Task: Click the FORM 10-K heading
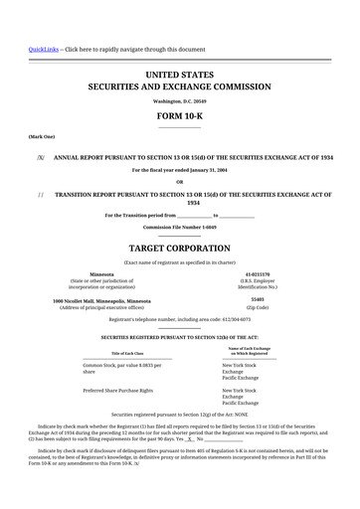[180, 115]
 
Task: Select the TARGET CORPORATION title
[180, 245]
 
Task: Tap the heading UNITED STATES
[180, 75]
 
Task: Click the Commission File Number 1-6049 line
[180, 227]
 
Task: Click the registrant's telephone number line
[180, 319]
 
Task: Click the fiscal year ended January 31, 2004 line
[180, 170]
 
